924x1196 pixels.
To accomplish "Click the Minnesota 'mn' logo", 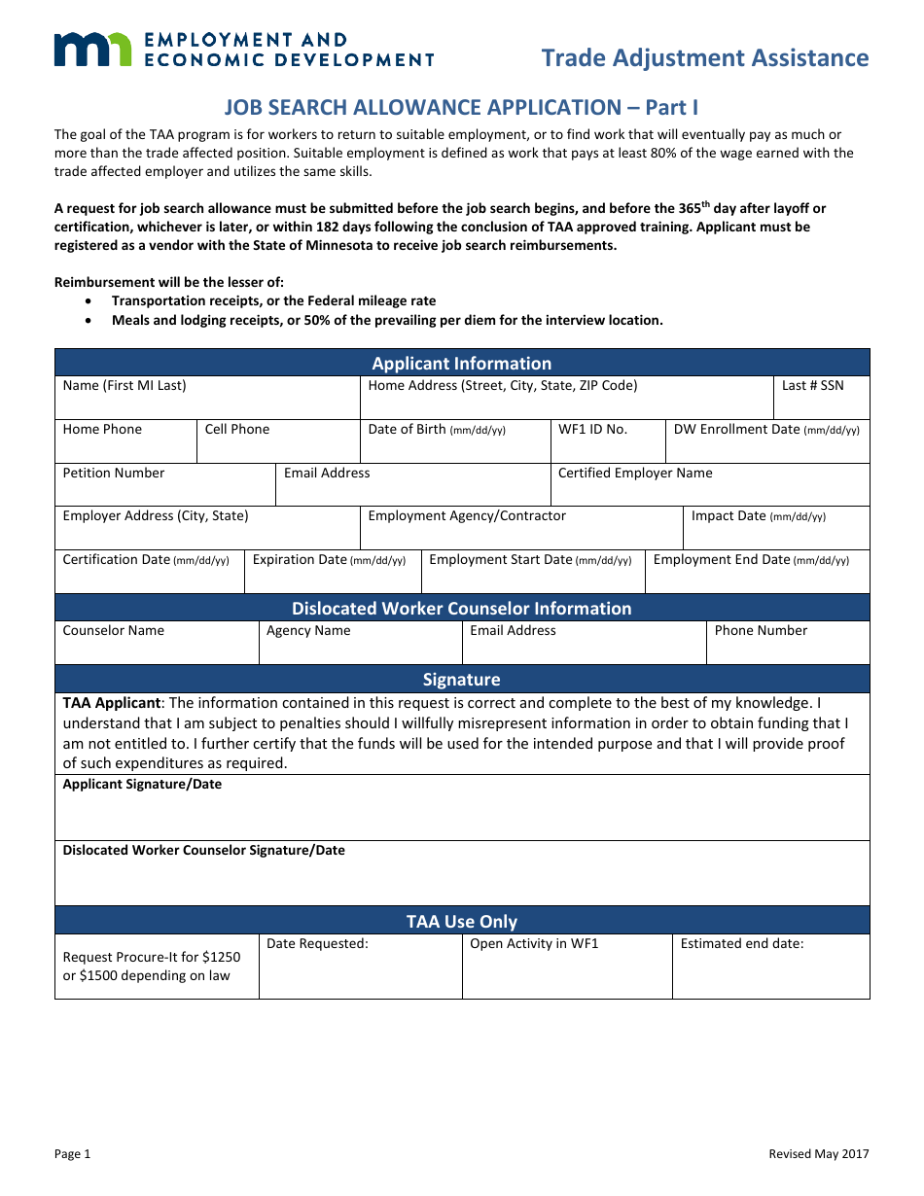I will click(91, 49).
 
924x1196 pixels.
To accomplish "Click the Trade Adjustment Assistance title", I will click(704, 58).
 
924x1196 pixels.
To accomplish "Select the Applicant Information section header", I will click(462, 363).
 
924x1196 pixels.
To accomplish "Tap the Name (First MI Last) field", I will click(207, 399).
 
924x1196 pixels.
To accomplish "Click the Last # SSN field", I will click(821, 399).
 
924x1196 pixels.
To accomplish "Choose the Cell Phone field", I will click(278, 441).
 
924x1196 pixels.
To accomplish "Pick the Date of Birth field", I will click(455, 441).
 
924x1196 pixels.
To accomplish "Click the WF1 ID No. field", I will click(608, 441).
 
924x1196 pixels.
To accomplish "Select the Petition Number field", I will click(165, 485).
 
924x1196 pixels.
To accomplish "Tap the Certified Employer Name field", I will click(710, 485).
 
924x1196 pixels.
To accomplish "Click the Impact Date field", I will click(776, 528).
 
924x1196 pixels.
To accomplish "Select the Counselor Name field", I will click(157, 643).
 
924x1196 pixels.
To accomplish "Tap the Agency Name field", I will click(360, 643).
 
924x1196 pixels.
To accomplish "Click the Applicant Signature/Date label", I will click(142, 785).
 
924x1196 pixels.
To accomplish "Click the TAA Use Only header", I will click(462, 921).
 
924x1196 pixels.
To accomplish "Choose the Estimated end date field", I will click(770, 967).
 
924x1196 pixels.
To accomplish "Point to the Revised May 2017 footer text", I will click(819, 1154).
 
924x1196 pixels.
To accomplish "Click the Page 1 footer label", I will click(72, 1154).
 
